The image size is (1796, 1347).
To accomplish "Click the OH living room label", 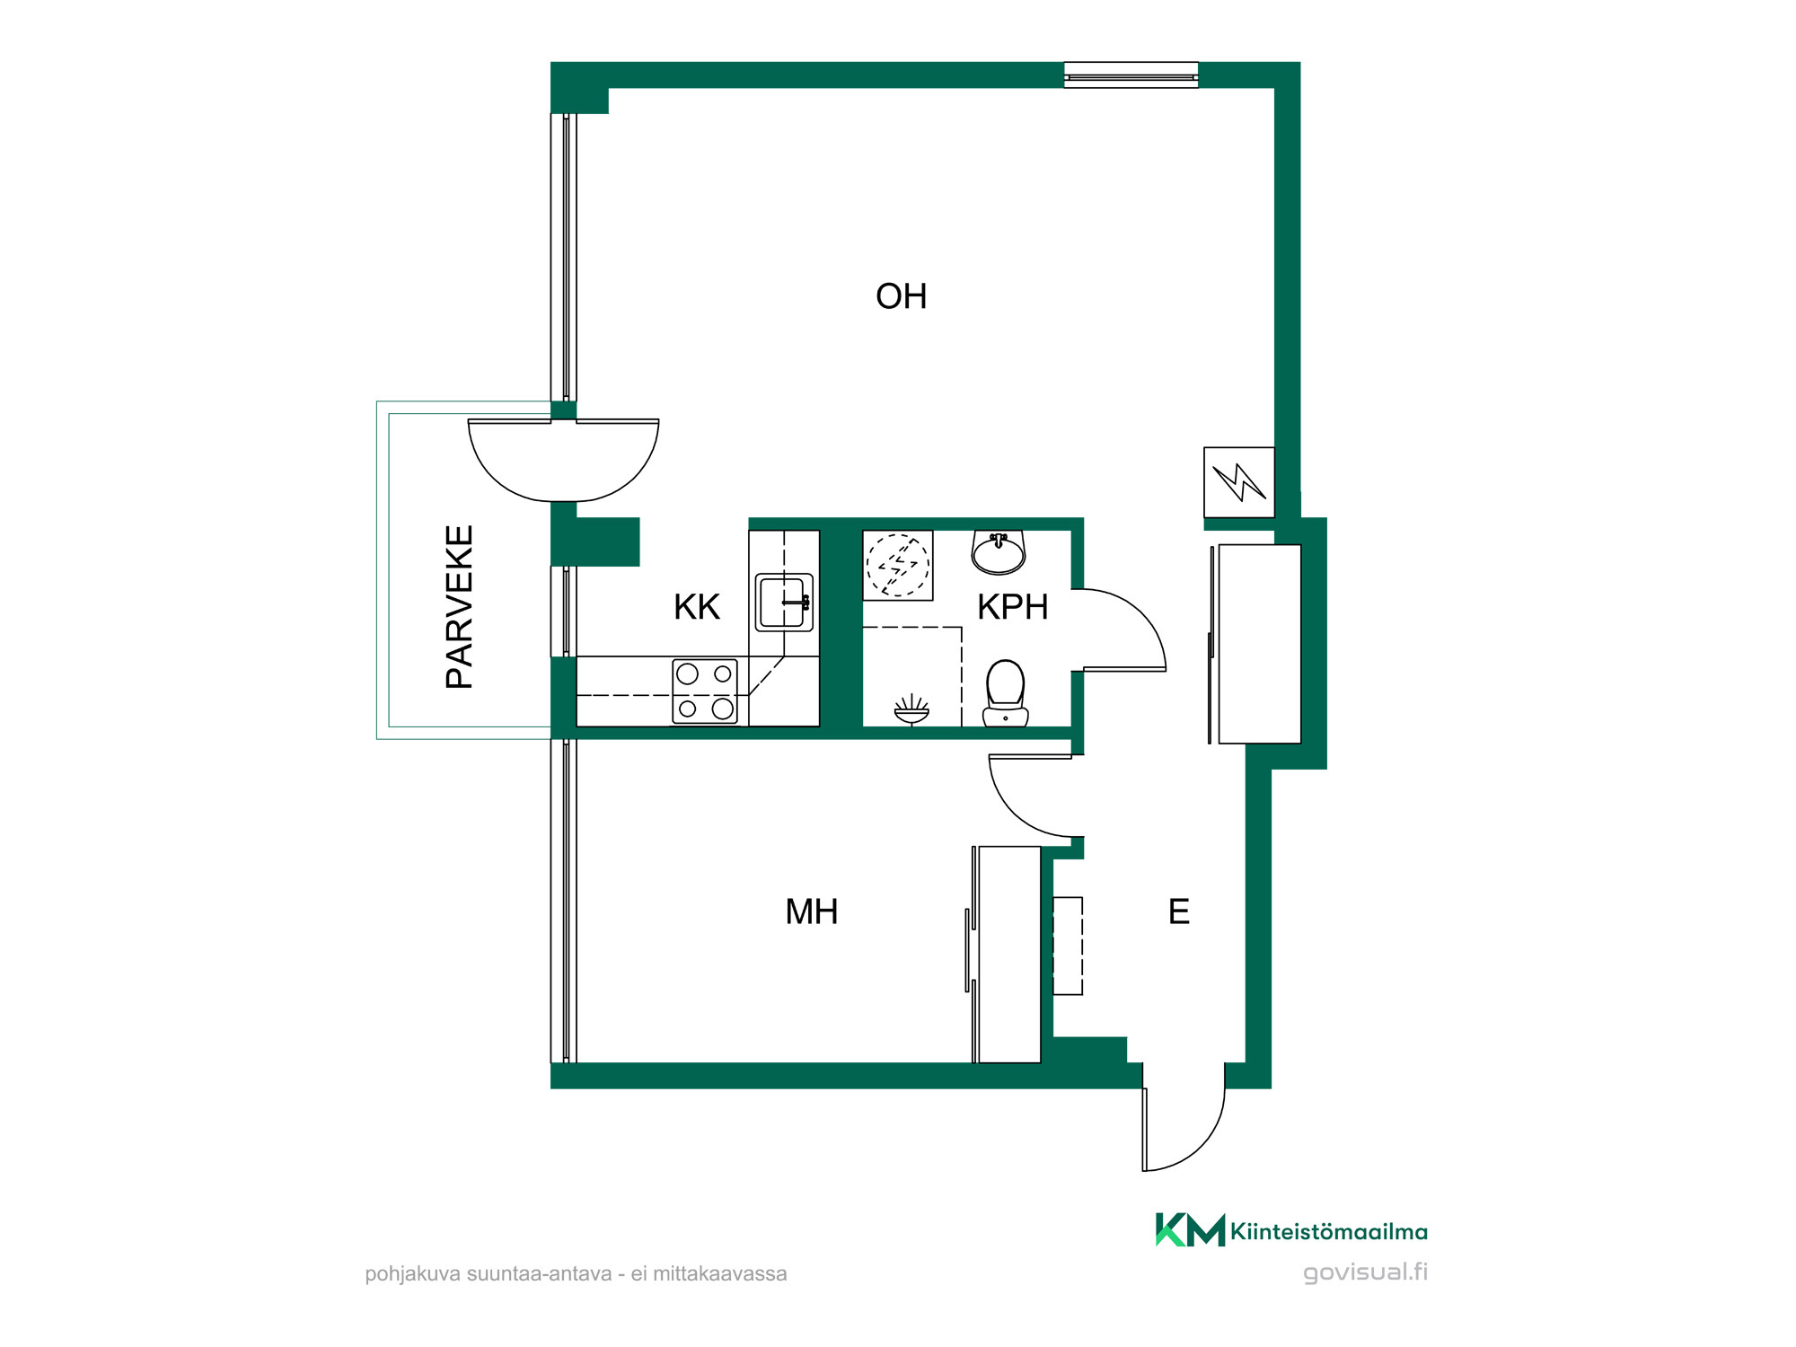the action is pos(901,296).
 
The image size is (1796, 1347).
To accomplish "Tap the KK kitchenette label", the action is pos(697,607).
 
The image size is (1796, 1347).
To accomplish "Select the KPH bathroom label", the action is pos(1013,607).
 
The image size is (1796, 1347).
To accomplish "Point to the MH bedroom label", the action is pos(812,911).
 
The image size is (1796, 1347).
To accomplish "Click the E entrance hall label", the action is pos(1179,911).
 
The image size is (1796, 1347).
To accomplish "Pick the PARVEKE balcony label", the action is pos(460,607).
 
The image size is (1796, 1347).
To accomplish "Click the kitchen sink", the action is pos(784,603).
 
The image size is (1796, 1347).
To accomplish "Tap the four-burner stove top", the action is pos(705,691).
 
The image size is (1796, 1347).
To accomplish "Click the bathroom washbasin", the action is pos(999,552).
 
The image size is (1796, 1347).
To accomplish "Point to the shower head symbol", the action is pos(911,710).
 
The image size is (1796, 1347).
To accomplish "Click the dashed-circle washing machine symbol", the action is pos(898,566).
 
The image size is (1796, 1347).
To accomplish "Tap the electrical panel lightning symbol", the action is pos(1239,482).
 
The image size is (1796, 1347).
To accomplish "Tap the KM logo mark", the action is pos(1190,1230).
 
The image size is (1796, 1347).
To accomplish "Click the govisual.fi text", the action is pos(1365,1272).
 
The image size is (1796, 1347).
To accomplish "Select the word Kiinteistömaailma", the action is pos(1329,1232).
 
